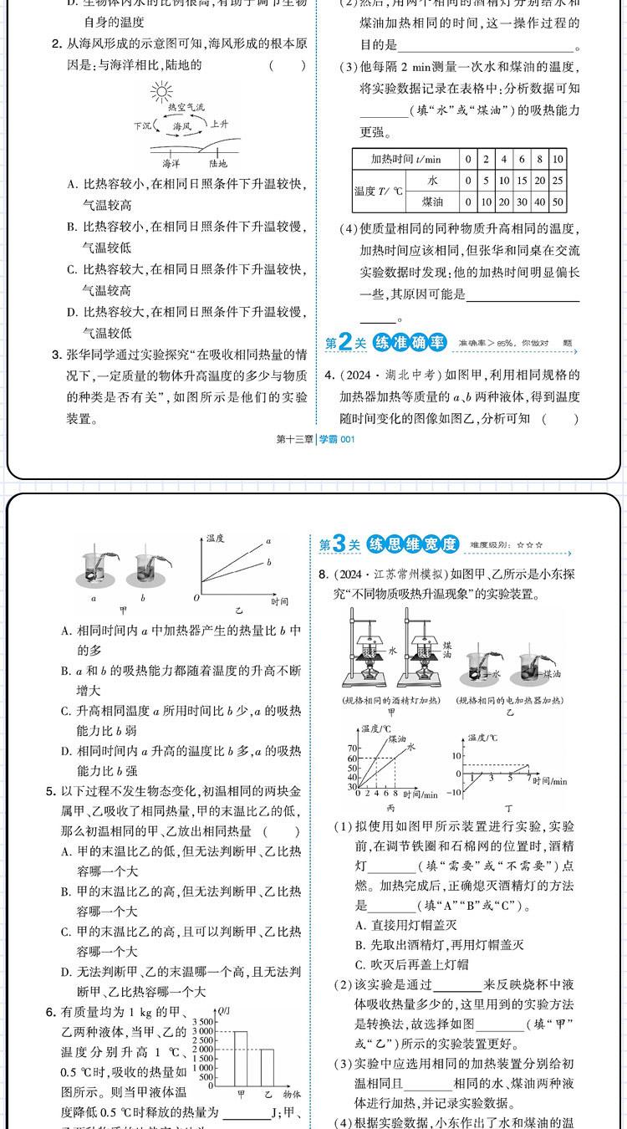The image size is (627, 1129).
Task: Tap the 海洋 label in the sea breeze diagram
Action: pyautogui.click(x=171, y=164)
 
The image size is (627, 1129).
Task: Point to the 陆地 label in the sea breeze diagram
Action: pyautogui.click(x=218, y=164)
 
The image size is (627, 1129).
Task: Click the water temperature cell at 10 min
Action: pyautogui.click(x=558, y=181)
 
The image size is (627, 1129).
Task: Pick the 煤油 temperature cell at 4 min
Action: pyautogui.click(x=504, y=202)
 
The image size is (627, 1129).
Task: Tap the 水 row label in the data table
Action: pyautogui.click(x=432, y=181)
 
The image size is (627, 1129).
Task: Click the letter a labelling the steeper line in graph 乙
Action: pyautogui.click(x=268, y=541)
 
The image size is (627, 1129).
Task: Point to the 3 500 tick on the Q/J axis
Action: pyautogui.click(x=204, y=1022)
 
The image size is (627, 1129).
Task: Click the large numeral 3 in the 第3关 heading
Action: pyautogui.click(x=339, y=544)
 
